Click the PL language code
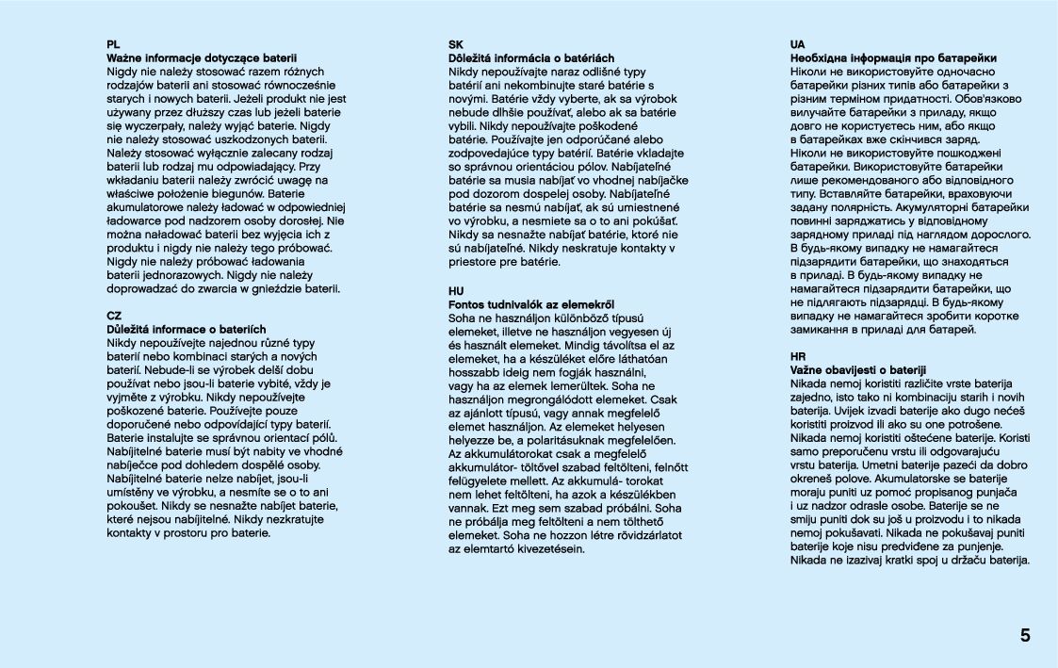click(x=113, y=44)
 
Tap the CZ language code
click(x=114, y=316)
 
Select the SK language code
click(x=455, y=44)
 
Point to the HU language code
click(x=456, y=290)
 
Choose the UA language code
click(x=797, y=44)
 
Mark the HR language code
click(x=797, y=356)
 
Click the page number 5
click(x=1025, y=635)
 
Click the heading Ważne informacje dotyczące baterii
click(x=202, y=57)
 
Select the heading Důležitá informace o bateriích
click(x=187, y=330)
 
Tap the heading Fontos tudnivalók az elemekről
click(x=531, y=304)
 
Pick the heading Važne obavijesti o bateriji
click(x=857, y=370)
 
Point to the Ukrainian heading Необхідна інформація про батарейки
click(x=893, y=57)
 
